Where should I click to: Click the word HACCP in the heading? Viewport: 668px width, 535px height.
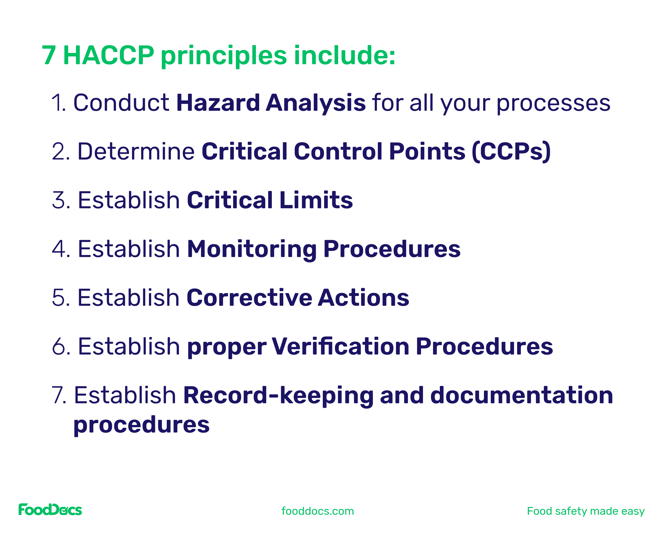pyautogui.click(x=108, y=56)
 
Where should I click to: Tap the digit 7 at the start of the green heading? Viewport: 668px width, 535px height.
pyautogui.click(x=49, y=56)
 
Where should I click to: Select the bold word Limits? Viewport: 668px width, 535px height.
pyautogui.click(x=316, y=200)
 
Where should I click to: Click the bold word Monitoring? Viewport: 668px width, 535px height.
pyautogui.click(x=252, y=250)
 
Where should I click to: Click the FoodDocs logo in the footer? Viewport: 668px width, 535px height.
pyautogui.click(x=50, y=510)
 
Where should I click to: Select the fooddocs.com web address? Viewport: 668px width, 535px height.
pyautogui.click(x=318, y=511)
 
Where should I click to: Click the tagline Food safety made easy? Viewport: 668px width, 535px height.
pyautogui.click(x=586, y=511)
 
